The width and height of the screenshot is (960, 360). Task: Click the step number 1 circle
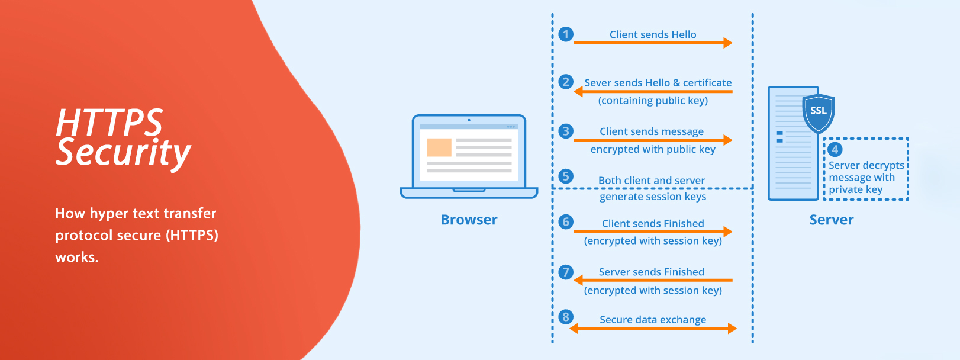coord(566,34)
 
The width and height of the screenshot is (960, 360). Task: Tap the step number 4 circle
coord(835,150)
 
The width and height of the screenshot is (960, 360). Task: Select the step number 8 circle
coord(566,317)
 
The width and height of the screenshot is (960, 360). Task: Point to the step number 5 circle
coord(566,176)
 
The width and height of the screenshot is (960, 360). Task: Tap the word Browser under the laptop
coord(469,220)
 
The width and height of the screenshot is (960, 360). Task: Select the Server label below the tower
coord(832,220)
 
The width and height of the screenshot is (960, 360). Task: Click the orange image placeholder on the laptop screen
coord(439,147)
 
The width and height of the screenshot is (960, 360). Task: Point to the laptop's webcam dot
coord(469,120)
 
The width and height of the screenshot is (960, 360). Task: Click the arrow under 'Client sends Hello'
coord(653,43)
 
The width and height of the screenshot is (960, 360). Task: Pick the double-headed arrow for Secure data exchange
coord(653,329)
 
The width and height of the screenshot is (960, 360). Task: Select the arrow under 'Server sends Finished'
coord(653,280)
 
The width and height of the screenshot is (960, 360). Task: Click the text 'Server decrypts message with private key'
coord(866,178)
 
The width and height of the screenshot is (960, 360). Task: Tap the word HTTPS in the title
coord(109,123)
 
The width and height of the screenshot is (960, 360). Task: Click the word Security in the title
coord(124,153)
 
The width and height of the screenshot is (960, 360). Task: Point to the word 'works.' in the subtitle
coord(77,257)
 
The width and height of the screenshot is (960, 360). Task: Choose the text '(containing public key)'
coord(653,101)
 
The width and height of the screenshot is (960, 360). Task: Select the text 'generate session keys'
coord(653,197)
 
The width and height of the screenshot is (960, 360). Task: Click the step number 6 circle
coord(566,221)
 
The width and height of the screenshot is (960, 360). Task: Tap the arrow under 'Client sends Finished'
coord(653,232)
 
